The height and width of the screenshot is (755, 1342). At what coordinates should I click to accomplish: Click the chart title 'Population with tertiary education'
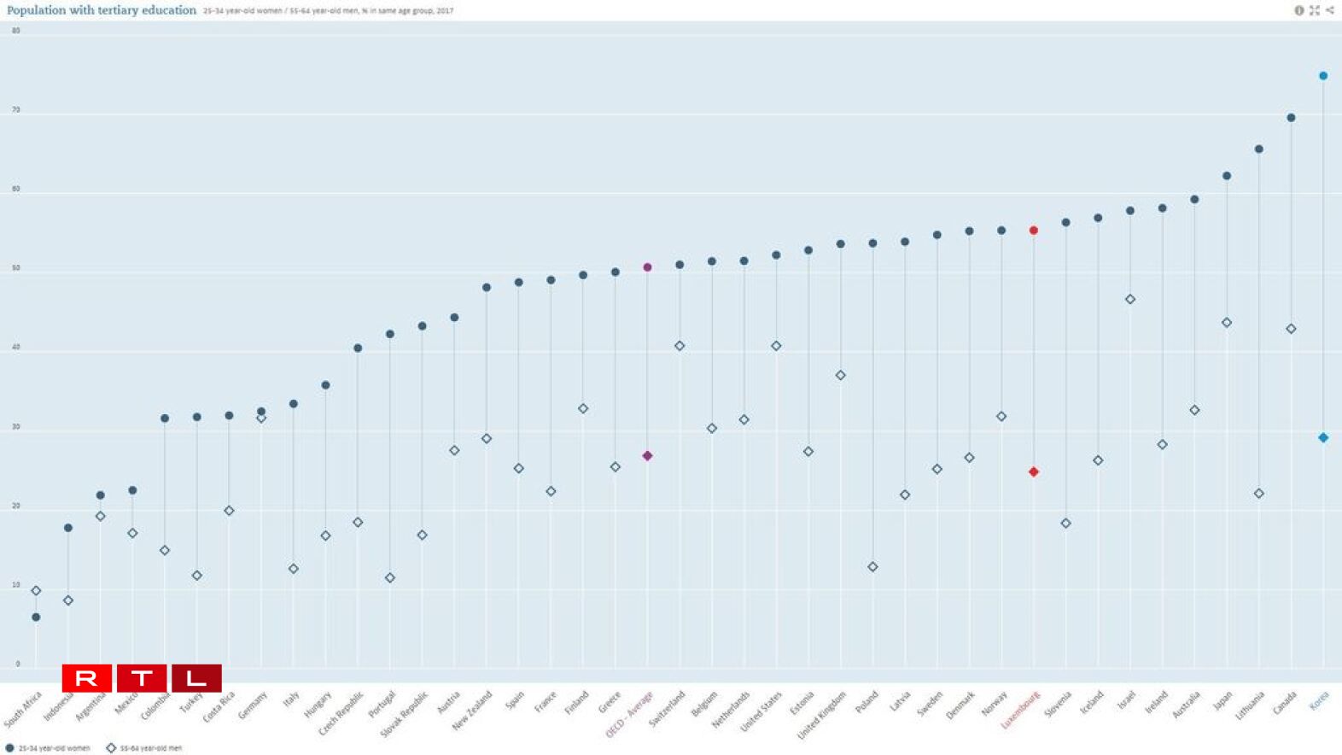[102, 10]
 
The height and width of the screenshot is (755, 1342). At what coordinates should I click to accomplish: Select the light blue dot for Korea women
[1323, 76]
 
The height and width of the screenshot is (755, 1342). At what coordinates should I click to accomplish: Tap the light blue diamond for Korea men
[1323, 437]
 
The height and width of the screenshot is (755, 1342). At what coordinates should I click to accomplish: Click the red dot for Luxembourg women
[1034, 231]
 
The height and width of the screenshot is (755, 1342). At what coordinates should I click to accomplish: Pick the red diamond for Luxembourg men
[1034, 471]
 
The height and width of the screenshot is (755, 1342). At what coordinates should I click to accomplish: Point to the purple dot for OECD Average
[647, 267]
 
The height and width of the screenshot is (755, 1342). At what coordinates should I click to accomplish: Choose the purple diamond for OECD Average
[647, 456]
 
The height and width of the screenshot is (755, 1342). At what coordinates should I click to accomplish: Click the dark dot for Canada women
[1291, 118]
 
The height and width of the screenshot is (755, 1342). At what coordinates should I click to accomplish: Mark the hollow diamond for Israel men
[1130, 299]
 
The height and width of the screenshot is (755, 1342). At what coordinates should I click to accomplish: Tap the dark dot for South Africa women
[36, 617]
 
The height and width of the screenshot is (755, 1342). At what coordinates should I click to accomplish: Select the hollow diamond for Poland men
[872, 567]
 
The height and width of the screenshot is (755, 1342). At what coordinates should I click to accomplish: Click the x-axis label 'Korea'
[1319, 701]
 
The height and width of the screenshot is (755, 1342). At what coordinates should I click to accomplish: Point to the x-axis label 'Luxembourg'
[1021, 709]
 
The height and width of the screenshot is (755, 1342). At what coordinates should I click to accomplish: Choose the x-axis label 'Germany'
[253, 705]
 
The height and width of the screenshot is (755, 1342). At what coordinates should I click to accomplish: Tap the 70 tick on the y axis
[16, 110]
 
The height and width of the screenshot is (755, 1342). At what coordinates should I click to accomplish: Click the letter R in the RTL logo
[86, 679]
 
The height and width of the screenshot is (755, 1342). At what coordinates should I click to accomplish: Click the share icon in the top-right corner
[1330, 10]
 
